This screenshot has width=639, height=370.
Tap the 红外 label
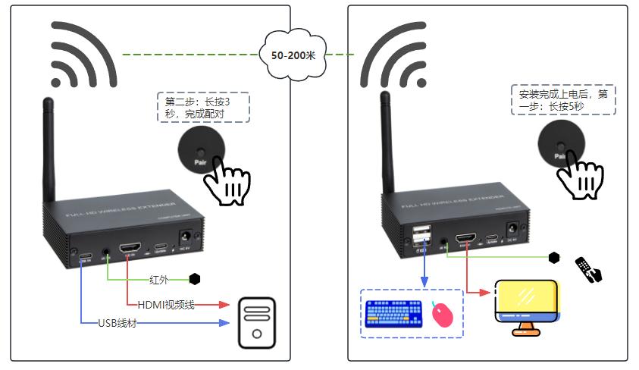click(160, 279)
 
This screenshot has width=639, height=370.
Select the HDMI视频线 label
click(167, 304)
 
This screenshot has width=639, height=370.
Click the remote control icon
click(588, 269)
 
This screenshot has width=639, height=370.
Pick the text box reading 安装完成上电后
click(563, 100)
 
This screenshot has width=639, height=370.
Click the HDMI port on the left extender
click(129, 247)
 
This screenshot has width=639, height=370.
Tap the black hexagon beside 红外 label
click(195, 279)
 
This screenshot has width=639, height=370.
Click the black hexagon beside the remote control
click(554, 258)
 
